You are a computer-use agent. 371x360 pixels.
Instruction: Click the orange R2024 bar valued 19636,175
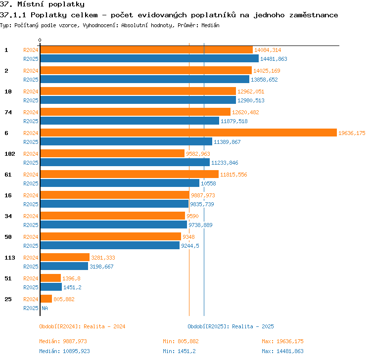188,133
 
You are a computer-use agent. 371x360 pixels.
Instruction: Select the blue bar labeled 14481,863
149,58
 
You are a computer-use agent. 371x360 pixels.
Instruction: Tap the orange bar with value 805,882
46,299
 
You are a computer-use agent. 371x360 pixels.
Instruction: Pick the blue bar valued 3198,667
64,266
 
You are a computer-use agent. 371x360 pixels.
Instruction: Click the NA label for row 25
45,308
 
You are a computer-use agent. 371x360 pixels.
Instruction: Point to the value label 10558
208,183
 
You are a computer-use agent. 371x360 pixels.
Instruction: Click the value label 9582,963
198,154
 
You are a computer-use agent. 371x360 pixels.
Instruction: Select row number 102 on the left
10,154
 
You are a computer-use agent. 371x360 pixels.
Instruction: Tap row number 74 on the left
8,112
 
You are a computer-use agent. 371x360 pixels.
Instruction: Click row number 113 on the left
10,258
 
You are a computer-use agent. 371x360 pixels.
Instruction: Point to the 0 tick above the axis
40,40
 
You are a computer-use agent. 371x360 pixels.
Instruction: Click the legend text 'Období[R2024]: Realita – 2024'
82,326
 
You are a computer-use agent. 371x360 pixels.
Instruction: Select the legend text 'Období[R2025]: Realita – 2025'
231,326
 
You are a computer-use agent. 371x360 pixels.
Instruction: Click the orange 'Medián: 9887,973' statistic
63,341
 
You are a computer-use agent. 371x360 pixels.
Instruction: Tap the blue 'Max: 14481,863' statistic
282,351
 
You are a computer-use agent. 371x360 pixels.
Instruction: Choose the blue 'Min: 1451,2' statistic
179,351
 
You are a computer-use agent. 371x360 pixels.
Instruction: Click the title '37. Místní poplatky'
42,4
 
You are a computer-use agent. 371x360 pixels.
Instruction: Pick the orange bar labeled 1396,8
50,278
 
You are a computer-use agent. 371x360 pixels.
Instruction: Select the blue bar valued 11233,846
125,162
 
